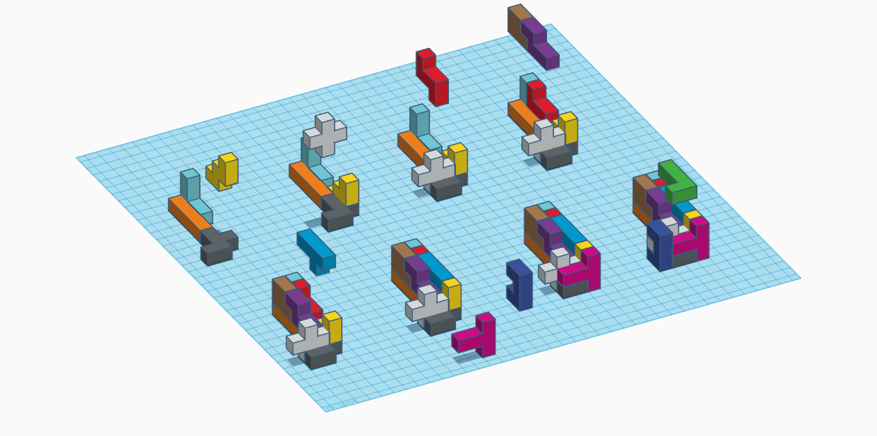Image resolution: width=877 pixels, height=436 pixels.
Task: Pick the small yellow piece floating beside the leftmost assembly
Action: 224,170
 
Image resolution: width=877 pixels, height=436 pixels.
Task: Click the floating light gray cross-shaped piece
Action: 325,134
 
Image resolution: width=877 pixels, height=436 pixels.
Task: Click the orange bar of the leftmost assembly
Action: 188,215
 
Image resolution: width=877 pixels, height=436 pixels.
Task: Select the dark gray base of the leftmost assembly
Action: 219,247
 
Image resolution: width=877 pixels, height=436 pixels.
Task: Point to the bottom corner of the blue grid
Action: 326,411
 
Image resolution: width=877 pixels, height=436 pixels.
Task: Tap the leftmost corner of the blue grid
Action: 77,158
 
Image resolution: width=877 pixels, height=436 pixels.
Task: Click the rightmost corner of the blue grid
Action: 800,278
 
